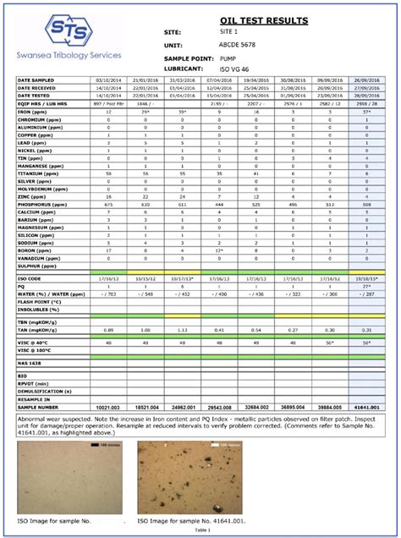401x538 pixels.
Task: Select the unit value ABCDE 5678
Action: pos(242,44)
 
